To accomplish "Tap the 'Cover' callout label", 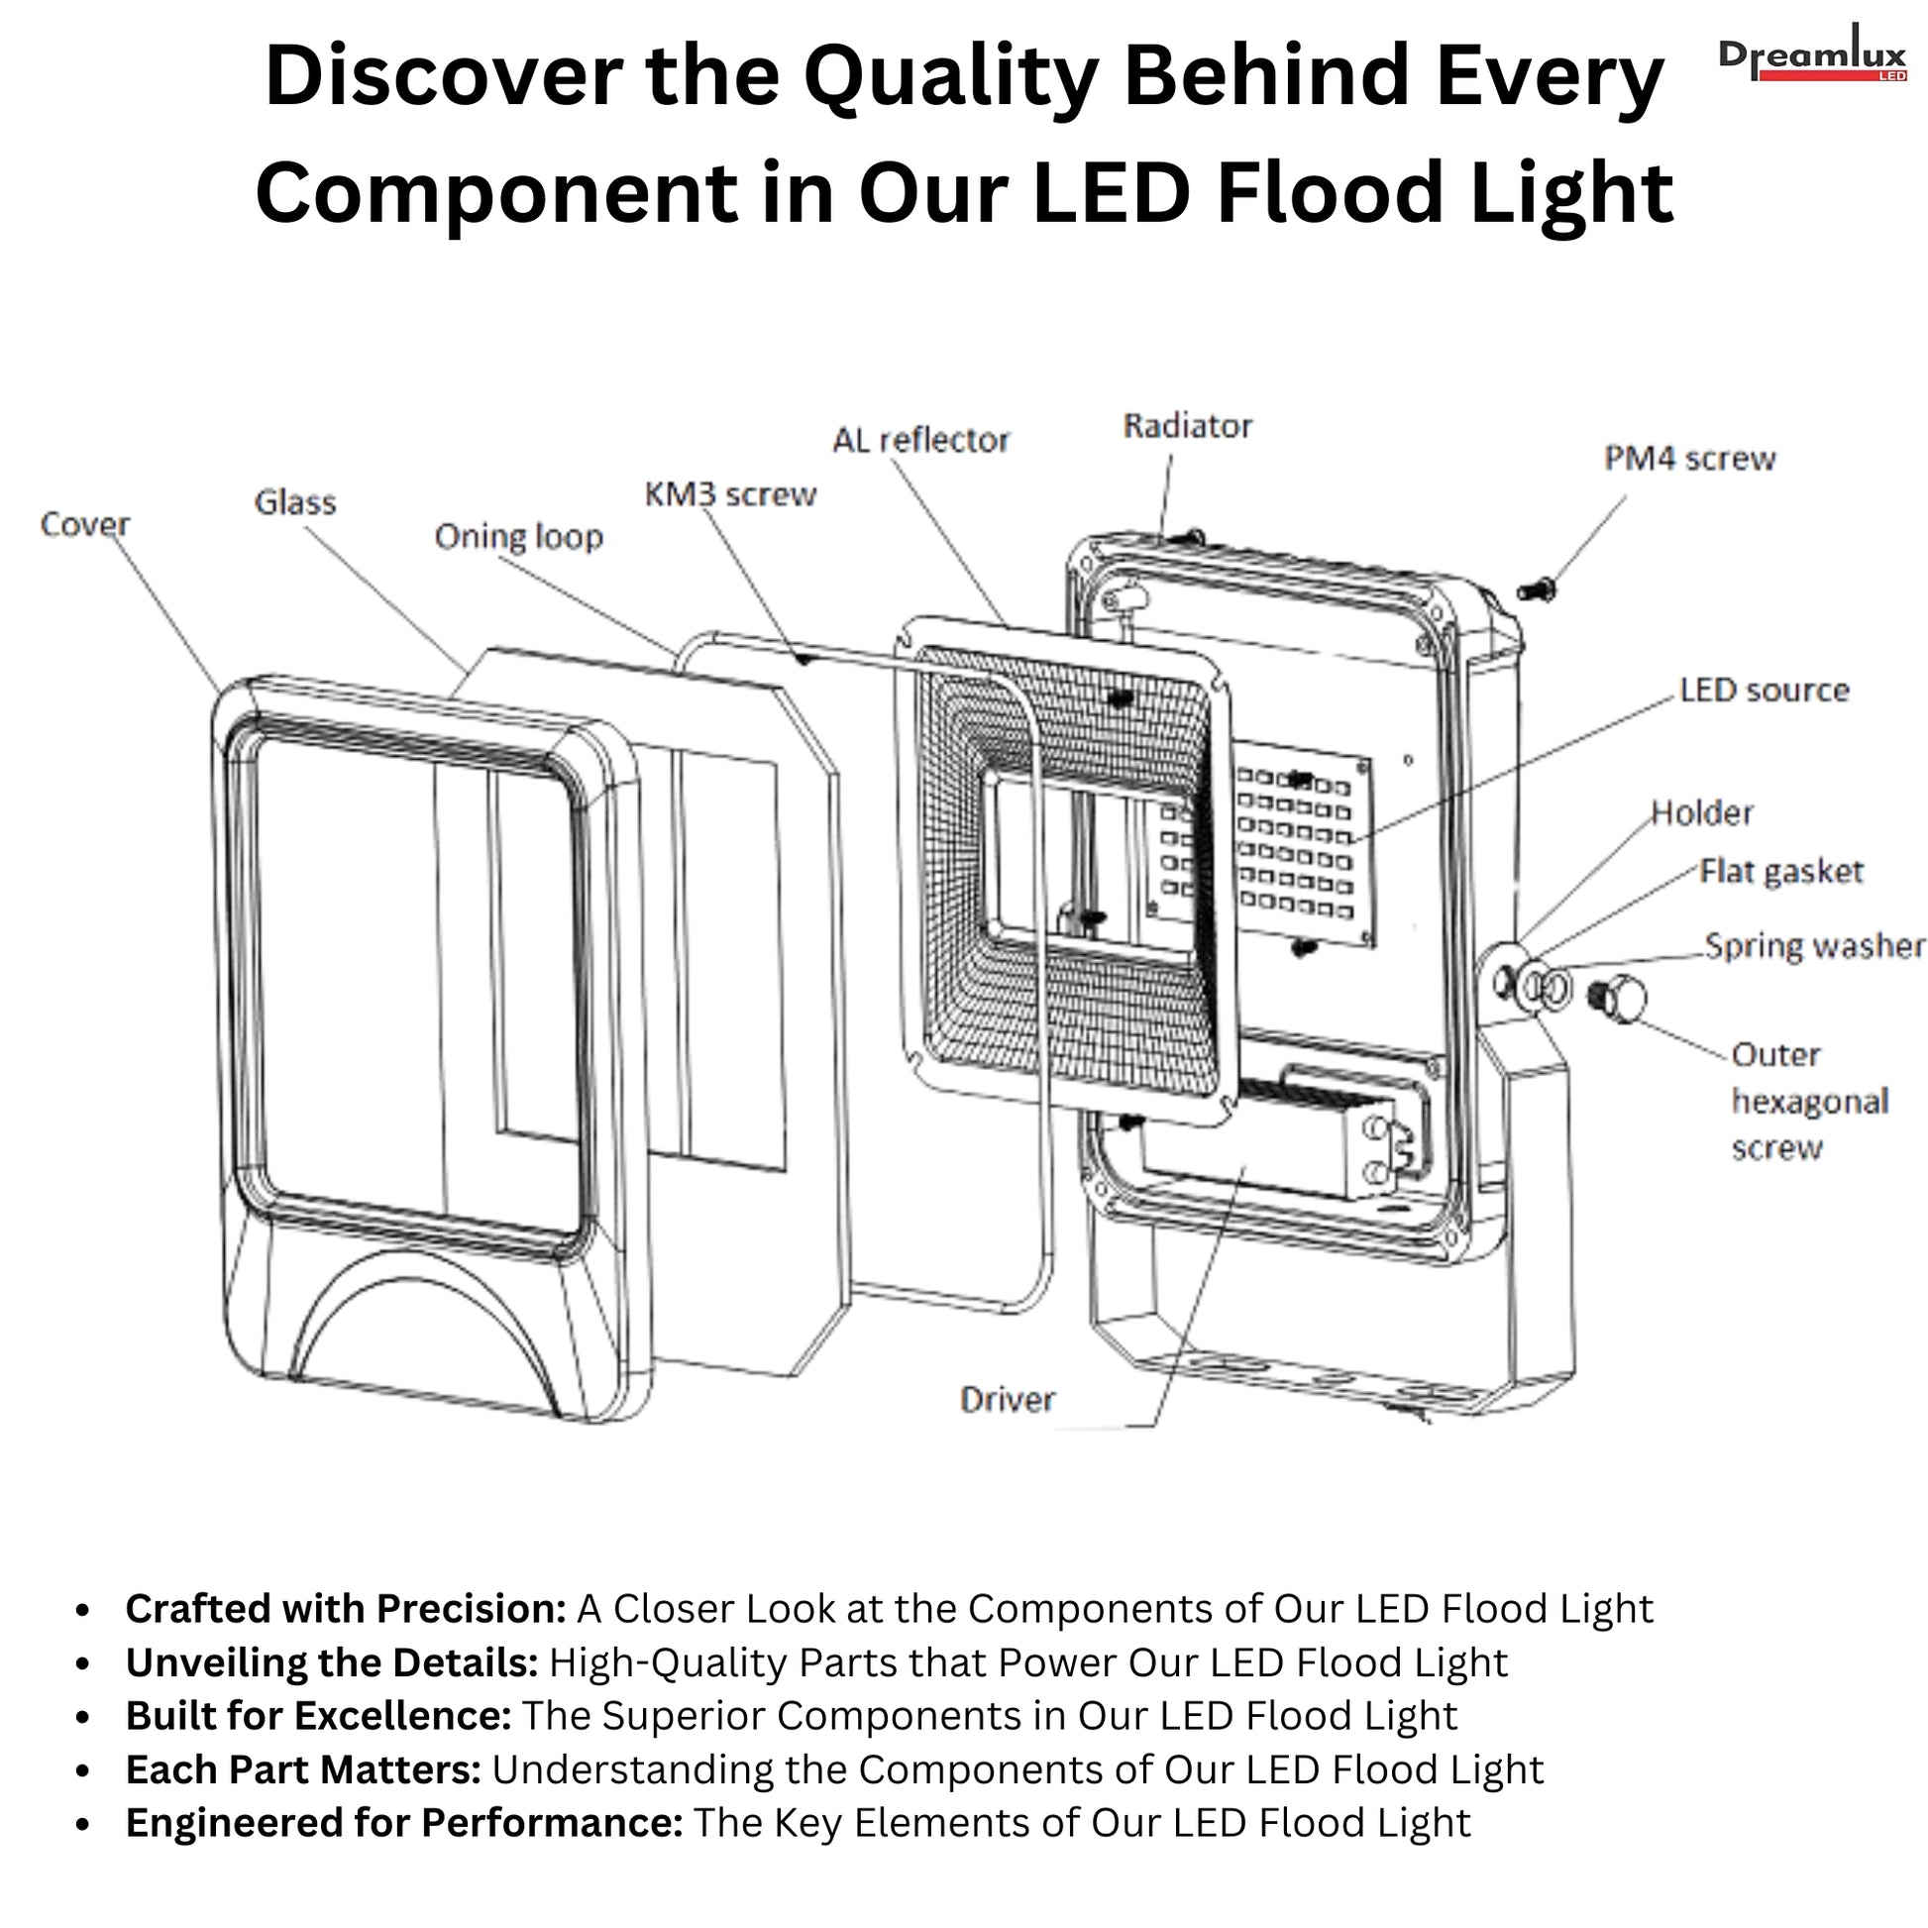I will (x=85, y=524).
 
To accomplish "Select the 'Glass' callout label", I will (x=294, y=502).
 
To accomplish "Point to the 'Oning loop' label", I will (x=519, y=537).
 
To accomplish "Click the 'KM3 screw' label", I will (x=730, y=494).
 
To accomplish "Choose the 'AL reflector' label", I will (x=921, y=440).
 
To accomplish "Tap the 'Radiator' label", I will (x=1188, y=426).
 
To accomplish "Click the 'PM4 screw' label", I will (x=1689, y=458).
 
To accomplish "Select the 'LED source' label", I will (x=1764, y=690).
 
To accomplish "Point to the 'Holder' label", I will (x=1701, y=812).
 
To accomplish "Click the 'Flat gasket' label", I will (x=1781, y=871).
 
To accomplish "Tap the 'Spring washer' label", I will (x=1813, y=945).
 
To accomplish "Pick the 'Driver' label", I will (x=1007, y=1399).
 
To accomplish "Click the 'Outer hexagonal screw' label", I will (x=1809, y=1101).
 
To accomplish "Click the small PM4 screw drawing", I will (x=1536, y=589).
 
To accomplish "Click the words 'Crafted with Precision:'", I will (x=347, y=1609).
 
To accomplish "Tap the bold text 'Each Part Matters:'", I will (x=303, y=1769).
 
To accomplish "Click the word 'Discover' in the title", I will (x=443, y=78).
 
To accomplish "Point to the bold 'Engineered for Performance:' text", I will (x=404, y=1822).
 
